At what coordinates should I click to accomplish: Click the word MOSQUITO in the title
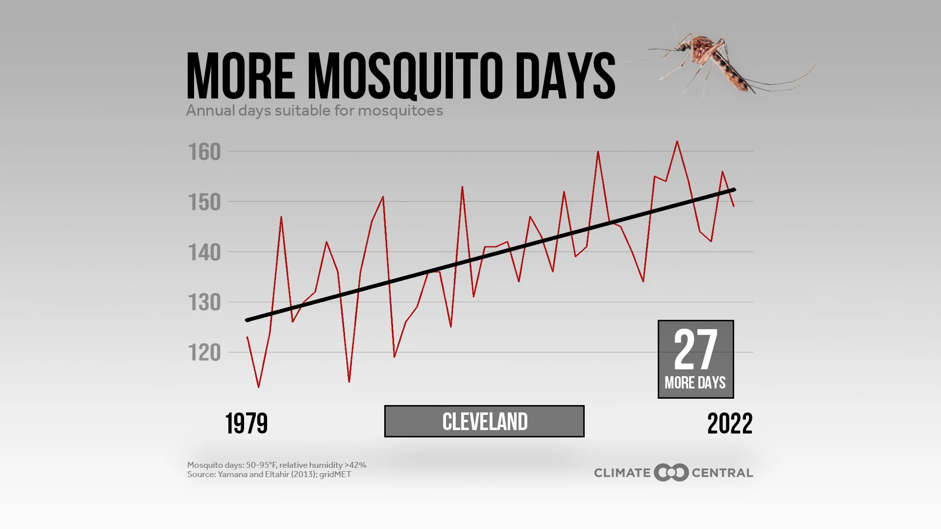405,76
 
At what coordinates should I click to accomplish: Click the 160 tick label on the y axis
205,152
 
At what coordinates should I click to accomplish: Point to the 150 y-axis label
205,203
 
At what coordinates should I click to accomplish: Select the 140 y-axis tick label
205,253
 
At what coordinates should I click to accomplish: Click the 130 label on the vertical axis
205,303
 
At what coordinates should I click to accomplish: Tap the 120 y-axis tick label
205,353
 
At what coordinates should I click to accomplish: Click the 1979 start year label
247,424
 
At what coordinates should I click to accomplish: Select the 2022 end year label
730,424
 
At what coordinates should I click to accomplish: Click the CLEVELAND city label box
484,421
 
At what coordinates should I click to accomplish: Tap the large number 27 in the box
695,350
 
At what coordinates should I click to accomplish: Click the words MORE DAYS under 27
695,383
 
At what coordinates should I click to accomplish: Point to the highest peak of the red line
677,142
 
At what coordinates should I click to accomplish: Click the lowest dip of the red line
259,387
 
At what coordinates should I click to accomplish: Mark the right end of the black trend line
734,190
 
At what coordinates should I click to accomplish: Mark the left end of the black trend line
247,320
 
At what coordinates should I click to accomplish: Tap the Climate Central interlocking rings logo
671,473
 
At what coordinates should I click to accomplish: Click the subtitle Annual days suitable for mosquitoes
314,111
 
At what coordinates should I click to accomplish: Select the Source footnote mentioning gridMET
269,474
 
